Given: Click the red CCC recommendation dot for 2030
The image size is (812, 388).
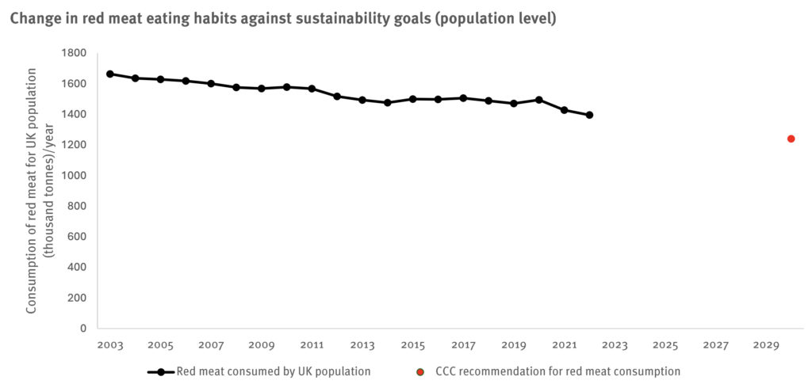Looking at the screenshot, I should coord(791,139).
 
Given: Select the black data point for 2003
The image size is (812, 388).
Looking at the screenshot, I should coord(110,74).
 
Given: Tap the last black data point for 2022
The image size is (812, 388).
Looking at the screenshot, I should coord(589,115).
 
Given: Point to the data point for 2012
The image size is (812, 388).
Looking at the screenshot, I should coord(337,96).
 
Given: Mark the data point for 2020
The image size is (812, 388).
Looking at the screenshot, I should coord(539,100).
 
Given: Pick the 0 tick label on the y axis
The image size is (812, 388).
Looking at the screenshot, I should coord(82,328).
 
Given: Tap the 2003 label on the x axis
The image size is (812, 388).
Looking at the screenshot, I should coord(110,346).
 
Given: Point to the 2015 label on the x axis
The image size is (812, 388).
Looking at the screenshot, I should coord(412,346).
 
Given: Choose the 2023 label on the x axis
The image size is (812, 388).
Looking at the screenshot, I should coord(615,346).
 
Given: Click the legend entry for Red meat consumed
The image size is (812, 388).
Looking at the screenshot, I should coord(273,371).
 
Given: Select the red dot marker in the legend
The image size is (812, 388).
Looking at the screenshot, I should coord(419,371).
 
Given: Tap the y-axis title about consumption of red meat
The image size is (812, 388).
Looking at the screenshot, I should coord(40,190).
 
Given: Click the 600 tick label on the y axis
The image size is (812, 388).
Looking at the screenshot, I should coord(77,236).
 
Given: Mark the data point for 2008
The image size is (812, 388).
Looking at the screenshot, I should coord(236,87).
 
